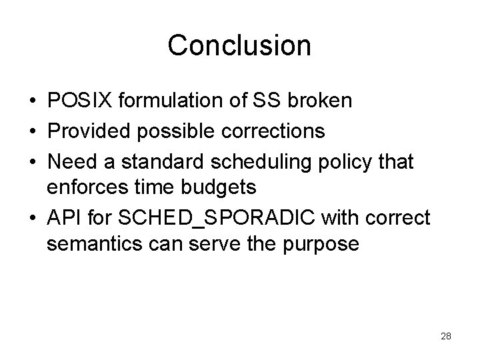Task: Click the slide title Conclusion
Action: tap(239, 45)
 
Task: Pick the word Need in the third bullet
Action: tap(70, 160)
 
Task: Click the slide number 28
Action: tap(446, 336)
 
